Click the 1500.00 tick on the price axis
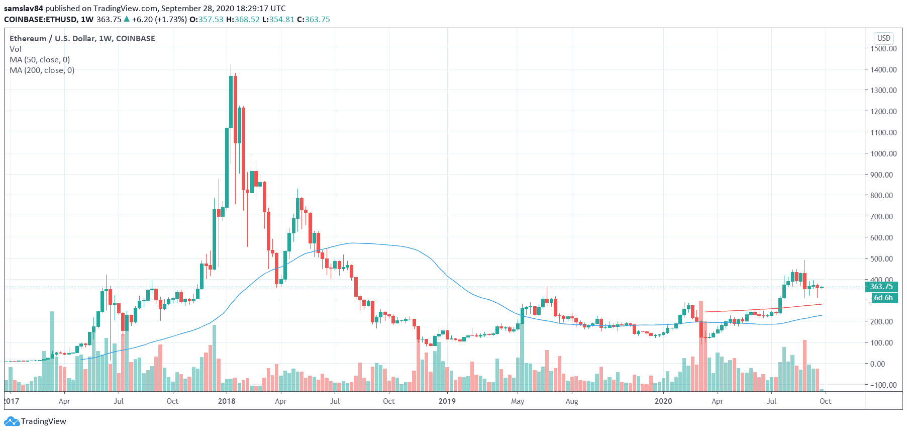pos(883,48)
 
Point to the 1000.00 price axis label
pos(883,153)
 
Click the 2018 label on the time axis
pos(227,401)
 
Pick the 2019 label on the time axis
pos(447,401)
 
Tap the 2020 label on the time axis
pos(663,401)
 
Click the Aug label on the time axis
pos(572,401)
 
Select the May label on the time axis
pos(518,401)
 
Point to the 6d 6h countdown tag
pos(883,298)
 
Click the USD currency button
pos(883,38)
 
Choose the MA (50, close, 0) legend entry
pos(40,59)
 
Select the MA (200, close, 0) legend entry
pos(42,70)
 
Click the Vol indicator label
pos(16,49)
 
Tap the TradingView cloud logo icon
pos(12,421)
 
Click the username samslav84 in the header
pos(24,8)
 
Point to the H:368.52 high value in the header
pos(243,19)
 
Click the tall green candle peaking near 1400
pos(231,101)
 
